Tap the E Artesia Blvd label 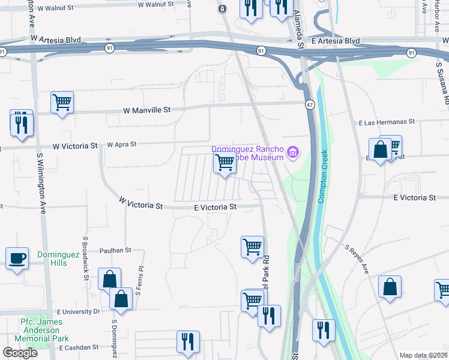pos(336,41)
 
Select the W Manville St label pos(147,110)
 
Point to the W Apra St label pos(122,145)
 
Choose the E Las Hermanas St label pos(387,122)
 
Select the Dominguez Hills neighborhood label pos(58,259)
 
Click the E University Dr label pos(78,312)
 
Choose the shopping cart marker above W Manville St pos(62,103)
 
